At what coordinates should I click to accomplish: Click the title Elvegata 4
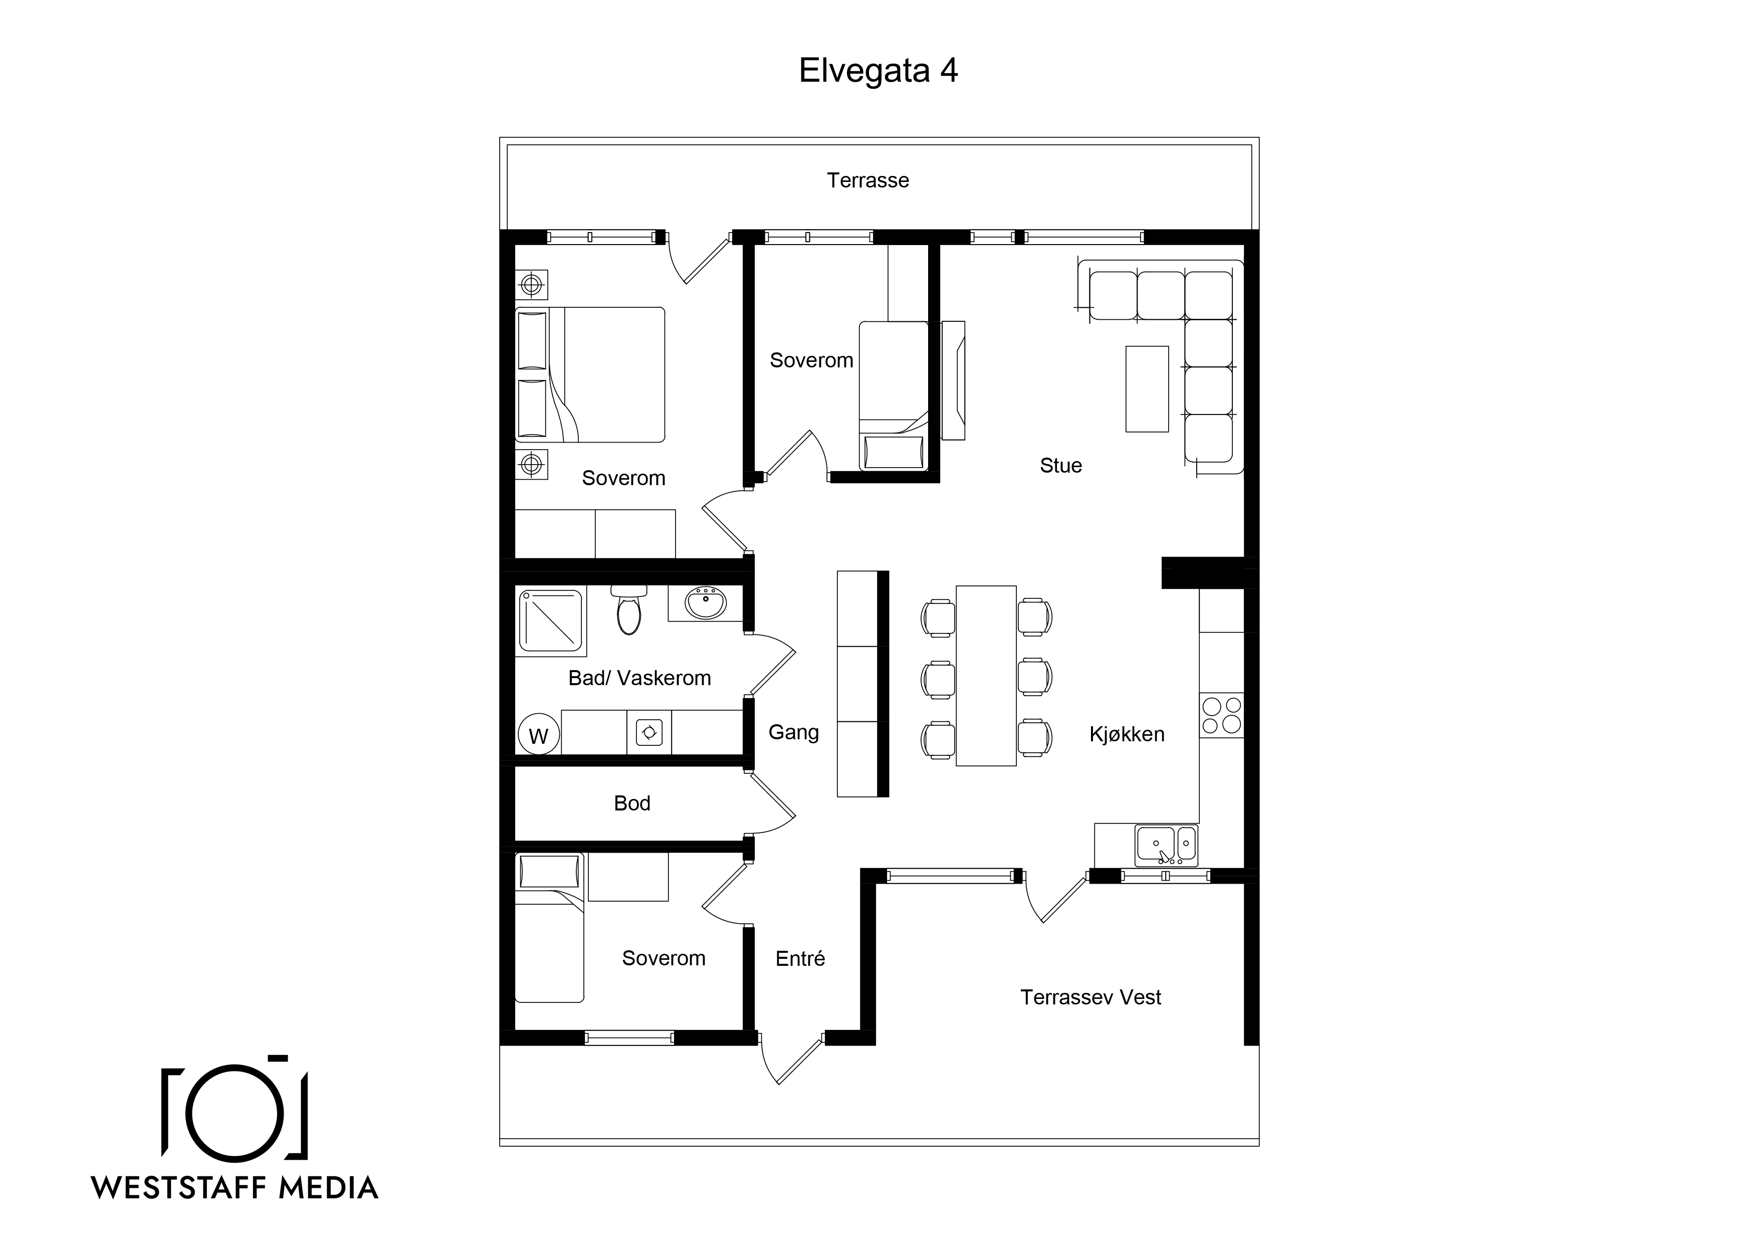878,71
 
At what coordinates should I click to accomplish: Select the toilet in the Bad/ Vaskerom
628,610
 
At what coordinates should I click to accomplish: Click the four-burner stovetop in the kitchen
1221,715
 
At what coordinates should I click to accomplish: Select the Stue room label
1060,466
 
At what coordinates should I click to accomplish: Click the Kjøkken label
1127,734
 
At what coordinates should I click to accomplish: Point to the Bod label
632,803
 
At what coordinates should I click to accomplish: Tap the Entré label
800,959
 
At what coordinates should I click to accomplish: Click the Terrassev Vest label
1090,997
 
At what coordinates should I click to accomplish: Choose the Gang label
794,733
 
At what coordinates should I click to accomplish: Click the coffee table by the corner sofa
1147,389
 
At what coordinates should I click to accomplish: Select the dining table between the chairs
986,676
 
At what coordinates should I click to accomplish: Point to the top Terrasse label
868,181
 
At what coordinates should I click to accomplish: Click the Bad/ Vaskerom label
639,678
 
